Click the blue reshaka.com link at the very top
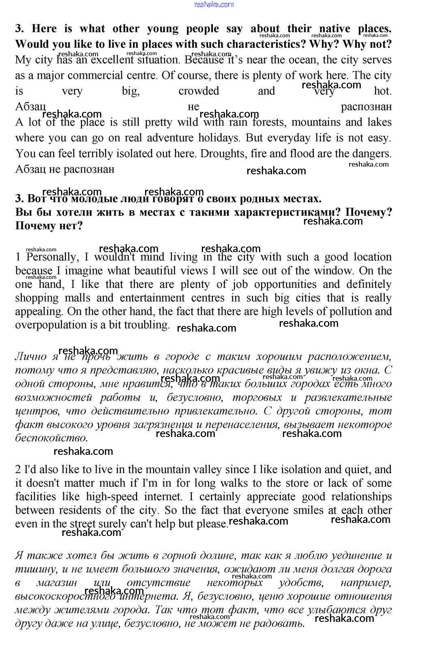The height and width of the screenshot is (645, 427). point(214,4)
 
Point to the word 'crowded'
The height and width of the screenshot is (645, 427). point(199,91)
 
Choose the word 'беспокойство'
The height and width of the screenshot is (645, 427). point(51,438)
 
